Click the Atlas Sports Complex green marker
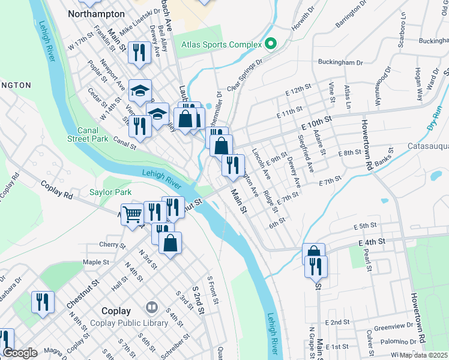270,44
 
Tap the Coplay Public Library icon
151,308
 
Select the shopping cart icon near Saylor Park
132,212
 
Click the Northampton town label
97,13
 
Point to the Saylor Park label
110,193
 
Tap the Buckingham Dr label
340,62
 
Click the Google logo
20,353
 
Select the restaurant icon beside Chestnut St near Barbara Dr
43,301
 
